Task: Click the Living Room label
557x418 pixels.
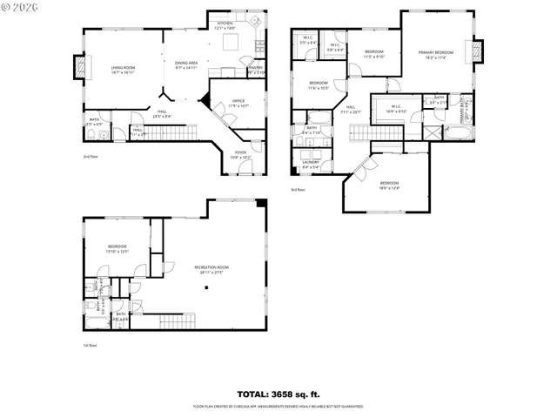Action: [x=123, y=69]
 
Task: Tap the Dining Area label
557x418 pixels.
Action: [x=186, y=65]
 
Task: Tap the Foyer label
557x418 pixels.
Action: [x=241, y=155]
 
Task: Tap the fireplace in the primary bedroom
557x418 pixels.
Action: [x=478, y=52]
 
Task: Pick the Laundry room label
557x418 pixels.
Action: [x=312, y=165]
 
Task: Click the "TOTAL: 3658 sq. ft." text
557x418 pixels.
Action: [x=278, y=393]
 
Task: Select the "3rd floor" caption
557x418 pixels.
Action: [x=299, y=189]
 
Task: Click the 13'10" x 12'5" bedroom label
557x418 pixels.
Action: [x=117, y=249]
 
